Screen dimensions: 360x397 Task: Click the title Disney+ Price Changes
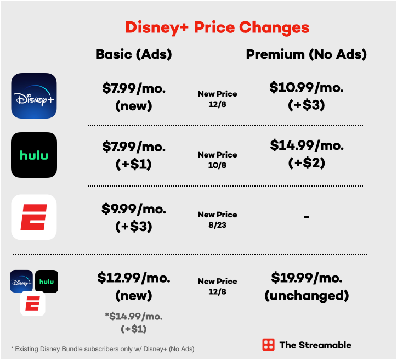(x=217, y=27)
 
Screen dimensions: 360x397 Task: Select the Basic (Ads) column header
(x=134, y=54)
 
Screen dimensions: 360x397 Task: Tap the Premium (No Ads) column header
(x=306, y=54)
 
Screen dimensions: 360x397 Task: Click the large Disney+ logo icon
(x=34, y=95)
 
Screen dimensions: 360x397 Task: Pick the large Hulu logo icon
(x=34, y=155)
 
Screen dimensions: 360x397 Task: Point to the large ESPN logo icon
(x=34, y=217)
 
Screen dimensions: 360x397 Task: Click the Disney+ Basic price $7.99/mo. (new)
(x=134, y=96)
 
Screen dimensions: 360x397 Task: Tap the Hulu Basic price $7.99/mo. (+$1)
(x=134, y=155)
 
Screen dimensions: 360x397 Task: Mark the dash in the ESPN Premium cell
(x=306, y=217)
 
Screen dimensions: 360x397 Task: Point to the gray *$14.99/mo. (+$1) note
(x=134, y=323)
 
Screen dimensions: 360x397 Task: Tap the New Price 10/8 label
(x=217, y=159)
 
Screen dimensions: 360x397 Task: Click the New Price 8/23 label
(x=217, y=219)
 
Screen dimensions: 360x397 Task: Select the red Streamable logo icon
(x=268, y=345)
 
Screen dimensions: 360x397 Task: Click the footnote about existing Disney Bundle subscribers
(x=103, y=348)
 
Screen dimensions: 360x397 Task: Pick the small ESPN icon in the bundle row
(x=33, y=303)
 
